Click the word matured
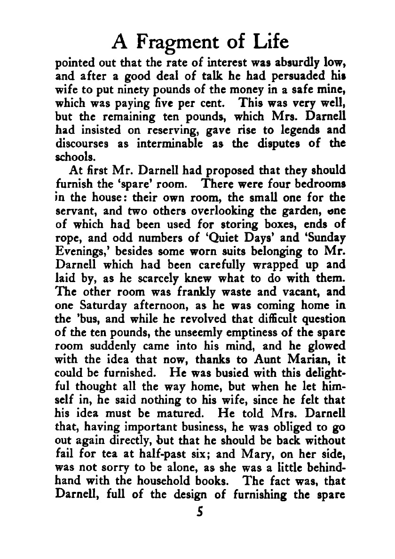pyautogui.click(x=158, y=415)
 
